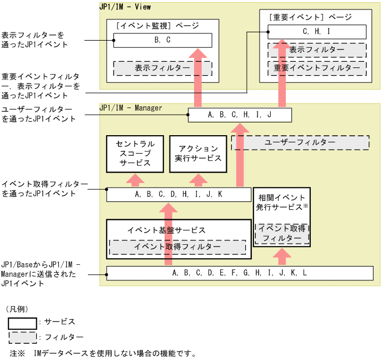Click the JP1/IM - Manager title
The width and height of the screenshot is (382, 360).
pos(131,107)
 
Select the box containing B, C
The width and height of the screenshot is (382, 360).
pos(162,40)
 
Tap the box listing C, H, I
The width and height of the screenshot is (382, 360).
pos(317,32)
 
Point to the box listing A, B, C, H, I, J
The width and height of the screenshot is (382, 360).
pos(240,115)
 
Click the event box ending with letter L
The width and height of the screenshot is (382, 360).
pos(240,273)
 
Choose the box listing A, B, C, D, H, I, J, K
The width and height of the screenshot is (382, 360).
pos(178,195)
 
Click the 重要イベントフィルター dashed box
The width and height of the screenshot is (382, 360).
pos(317,67)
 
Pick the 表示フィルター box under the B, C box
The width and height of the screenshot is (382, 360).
pos(162,68)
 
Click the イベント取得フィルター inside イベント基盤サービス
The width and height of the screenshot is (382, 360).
pos(177,246)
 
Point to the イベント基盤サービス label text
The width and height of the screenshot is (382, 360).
pos(166,230)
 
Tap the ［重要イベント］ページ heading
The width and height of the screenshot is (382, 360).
pos(310,17)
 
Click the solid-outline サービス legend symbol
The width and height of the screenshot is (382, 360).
pos(22,323)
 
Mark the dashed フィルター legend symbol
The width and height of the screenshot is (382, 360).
pos(22,338)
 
